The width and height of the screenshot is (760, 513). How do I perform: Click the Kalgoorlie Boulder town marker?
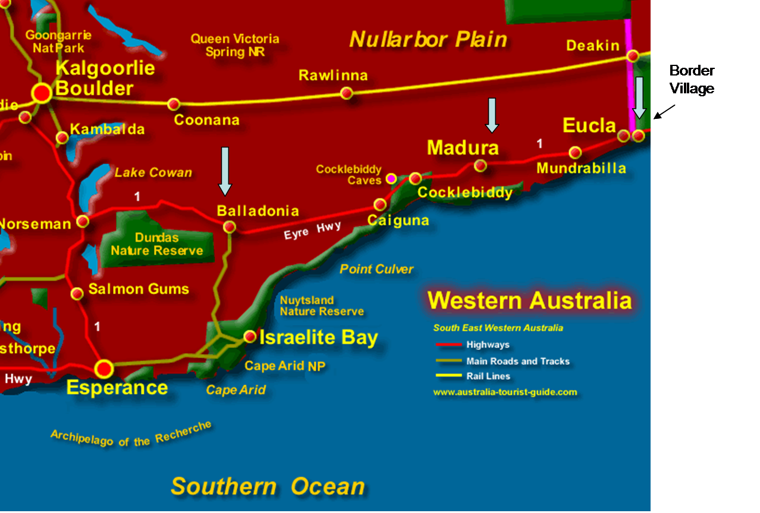[42, 93]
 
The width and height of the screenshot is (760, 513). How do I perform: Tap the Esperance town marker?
[105, 369]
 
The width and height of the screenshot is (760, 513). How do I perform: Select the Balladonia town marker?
[229, 226]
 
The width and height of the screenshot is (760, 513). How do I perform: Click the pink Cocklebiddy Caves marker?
[391, 178]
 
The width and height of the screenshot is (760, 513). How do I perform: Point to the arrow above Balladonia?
[225, 171]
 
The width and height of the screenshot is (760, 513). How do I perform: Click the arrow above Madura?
[492, 115]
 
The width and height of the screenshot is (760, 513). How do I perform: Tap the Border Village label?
[692, 79]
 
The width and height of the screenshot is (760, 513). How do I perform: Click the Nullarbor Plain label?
[428, 40]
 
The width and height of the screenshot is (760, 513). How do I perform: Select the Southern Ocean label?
[268, 486]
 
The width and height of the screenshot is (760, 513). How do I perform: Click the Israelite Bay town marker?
[250, 336]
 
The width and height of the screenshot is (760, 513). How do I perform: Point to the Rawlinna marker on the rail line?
[347, 93]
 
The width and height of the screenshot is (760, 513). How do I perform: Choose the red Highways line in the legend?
[448, 345]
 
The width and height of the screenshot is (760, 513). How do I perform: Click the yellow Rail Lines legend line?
[448, 376]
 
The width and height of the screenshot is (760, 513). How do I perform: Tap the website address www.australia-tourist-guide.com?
[505, 392]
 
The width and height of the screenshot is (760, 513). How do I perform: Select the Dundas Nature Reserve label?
[157, 244]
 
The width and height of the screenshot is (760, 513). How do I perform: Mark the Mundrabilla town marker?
[575, 152]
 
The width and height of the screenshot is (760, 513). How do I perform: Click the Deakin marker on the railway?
[633, 56]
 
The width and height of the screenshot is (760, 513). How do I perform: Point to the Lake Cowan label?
[153, 173]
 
